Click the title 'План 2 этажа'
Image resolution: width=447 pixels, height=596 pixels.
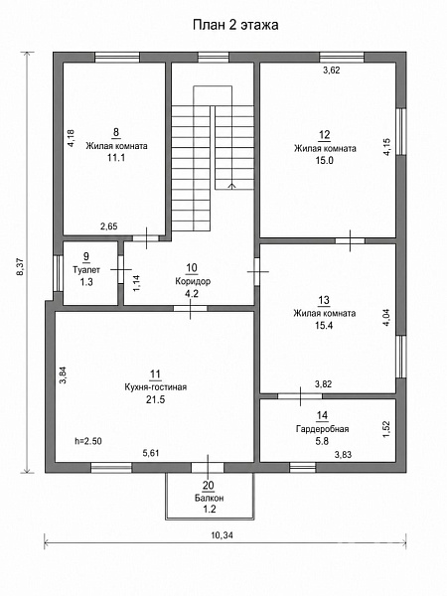(x=235, y=25)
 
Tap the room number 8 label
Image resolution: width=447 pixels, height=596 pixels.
(x=116, y=132)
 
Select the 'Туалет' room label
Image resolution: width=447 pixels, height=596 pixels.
(x=86, y=270)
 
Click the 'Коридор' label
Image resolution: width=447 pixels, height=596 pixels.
(x=193, y=281)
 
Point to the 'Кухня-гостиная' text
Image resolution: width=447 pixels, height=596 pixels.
(x=156, y=387)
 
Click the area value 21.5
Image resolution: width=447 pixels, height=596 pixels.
(x=156, y=399)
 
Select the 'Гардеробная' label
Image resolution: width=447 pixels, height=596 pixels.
(x=322, y=429)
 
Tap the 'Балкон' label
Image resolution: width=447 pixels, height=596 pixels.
(x=209, y=498)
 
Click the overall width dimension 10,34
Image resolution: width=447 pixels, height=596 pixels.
(x=222, y=535)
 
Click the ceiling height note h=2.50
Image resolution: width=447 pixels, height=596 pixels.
(x=88, y=441)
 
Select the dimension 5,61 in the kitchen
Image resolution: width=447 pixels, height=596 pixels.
(x=151, y=453)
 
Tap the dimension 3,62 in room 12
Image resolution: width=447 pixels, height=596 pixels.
(x=332, y=70)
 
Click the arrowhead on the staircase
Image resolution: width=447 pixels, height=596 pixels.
(x=231, y=186)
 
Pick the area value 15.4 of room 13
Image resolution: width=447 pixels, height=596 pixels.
(x=324, y=325)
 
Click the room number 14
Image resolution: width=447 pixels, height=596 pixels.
(x=322, y=415)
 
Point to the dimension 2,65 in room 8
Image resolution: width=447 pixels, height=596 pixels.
(x=109, y=226)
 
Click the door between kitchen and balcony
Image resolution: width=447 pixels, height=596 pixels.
(x=208, y=467)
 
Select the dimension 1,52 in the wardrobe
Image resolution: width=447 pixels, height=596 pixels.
(x=386, y=429)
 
